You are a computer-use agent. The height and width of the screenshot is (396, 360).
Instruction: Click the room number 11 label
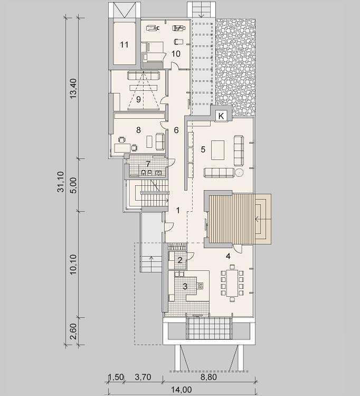[x=124, y=45]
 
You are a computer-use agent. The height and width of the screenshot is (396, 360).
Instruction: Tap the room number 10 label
[x=176, y=54]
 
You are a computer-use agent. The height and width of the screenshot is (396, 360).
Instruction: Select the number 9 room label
[x=138, y=99]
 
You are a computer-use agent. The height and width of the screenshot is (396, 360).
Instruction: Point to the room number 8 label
[x=138, y=130]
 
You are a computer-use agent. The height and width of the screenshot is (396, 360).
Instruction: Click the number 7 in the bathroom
[x=148, y=164]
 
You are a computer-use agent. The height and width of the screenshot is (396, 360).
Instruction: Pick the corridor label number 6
[x=176, y=130]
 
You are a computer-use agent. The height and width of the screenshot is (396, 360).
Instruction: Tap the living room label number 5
[x=203, y=149]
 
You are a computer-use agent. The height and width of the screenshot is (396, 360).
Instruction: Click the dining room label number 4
[x=228, y=256]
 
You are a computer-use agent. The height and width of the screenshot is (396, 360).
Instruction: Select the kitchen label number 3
[x=185, y=287]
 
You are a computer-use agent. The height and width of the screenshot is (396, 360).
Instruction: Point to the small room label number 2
[x=180, y=260]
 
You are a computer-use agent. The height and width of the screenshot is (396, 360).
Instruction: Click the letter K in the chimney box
[x=221, y=116]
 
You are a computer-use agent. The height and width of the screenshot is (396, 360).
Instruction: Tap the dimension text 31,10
[x=61, y=182]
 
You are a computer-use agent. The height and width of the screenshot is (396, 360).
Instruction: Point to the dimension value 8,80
[x=209, y=377]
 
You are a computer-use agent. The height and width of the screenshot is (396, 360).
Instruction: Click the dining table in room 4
[x=232, y=283]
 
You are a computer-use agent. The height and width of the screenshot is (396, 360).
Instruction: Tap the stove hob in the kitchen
[x=200, y=286]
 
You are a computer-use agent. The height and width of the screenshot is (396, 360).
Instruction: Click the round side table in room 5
[x=239, y=173]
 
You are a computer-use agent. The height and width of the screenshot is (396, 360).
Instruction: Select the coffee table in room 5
[x=217, y=150]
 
